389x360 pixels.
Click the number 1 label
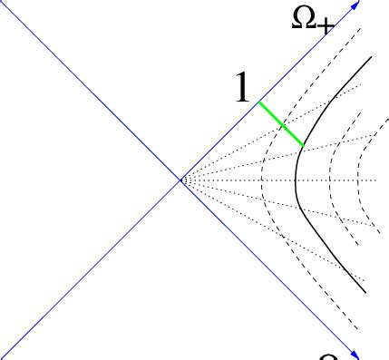(240, 88)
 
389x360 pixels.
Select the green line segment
(281, 123)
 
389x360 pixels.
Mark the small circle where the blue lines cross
(184, 180)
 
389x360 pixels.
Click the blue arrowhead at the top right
(355, 5)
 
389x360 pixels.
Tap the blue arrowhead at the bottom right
(355, 355)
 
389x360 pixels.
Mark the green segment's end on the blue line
(259, 102)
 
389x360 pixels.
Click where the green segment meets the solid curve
(304, 145)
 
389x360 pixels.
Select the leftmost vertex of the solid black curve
(296, 181)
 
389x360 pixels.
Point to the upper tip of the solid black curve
(371, 56)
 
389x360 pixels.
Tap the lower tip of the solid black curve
(365, 292)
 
